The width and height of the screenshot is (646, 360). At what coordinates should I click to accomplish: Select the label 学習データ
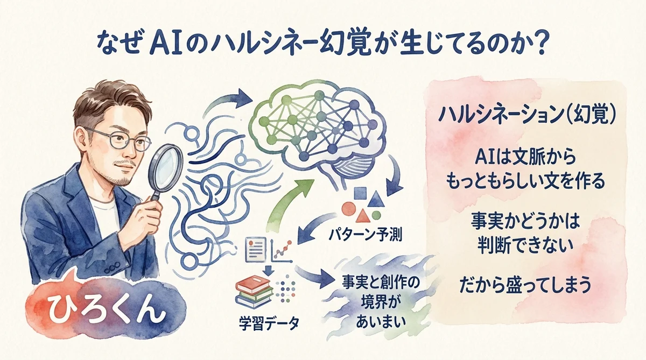269,324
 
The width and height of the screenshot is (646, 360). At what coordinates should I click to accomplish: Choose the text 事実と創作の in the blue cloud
376,281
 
